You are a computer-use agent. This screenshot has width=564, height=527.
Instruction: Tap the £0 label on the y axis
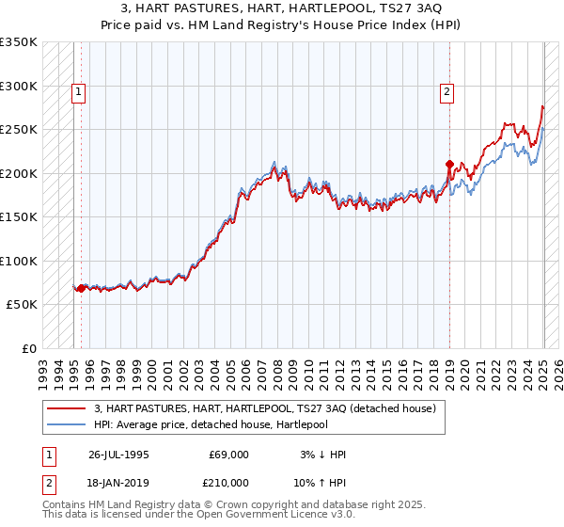pos(28,349)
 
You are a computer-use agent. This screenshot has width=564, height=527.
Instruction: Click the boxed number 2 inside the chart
pos(446,92)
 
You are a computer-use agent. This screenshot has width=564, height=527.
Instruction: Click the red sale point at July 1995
pos(81,288)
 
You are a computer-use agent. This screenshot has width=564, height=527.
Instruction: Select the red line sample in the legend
pos(67,409)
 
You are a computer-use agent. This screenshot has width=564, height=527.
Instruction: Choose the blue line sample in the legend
pos(67,424)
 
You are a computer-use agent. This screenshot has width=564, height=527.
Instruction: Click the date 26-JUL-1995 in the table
pos(117,455)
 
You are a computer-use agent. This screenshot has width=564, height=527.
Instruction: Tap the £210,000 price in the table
pos(228,483)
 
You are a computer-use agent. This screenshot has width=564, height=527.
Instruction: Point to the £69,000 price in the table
pos(228,455)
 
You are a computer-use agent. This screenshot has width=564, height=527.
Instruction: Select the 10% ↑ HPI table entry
pos(321,483)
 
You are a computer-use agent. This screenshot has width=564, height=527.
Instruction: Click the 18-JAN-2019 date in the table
pos(117,483)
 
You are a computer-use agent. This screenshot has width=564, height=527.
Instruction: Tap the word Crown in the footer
pos(229,505)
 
